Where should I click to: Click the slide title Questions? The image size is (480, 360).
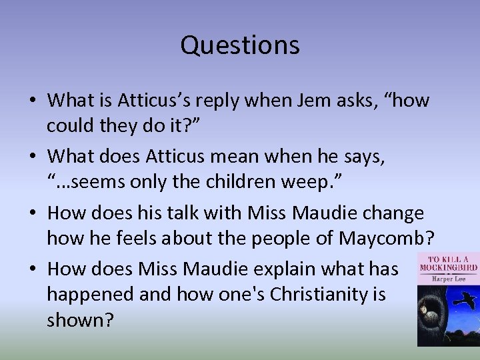pos(240,45)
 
